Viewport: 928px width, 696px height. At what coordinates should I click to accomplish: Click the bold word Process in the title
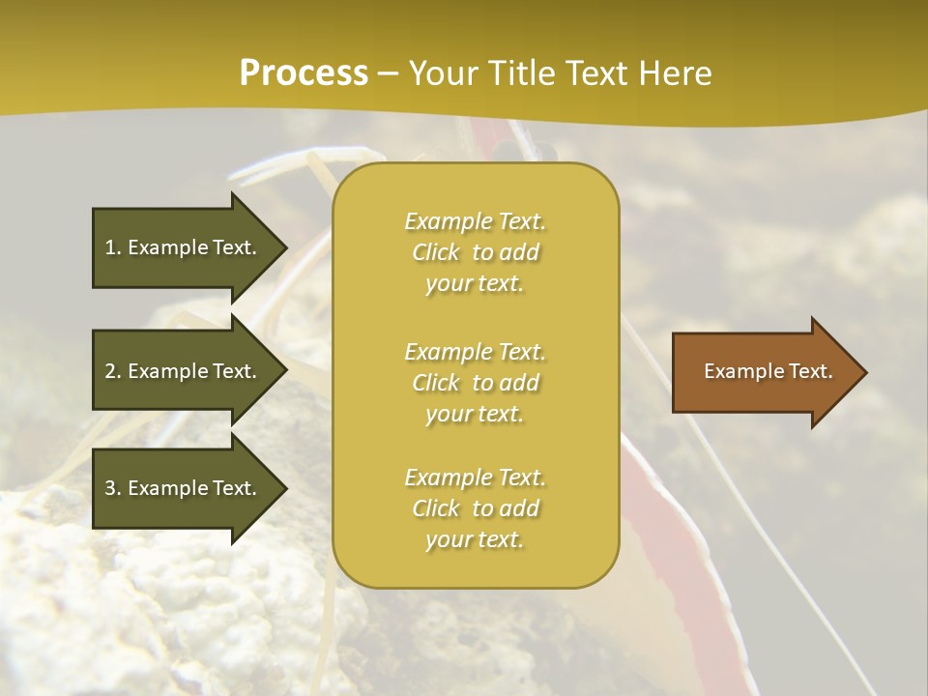point(304,73)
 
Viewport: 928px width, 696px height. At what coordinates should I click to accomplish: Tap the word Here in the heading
point(675,73)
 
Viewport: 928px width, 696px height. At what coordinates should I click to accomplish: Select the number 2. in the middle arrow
point(113,371)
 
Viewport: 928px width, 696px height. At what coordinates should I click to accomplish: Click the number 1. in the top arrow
point(113,247)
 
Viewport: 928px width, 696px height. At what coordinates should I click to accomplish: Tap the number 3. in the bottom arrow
point(113,488)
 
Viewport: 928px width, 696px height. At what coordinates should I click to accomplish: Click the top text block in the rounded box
point(475,252)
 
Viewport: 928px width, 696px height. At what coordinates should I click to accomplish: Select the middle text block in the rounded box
point(475,383)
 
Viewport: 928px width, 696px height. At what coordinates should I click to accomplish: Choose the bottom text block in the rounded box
point(475,508)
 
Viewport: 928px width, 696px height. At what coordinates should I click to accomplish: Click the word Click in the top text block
point(436,253)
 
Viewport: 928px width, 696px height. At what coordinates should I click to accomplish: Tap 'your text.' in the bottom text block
point(475,540)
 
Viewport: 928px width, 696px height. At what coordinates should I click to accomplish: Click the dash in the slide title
point(389,73)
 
